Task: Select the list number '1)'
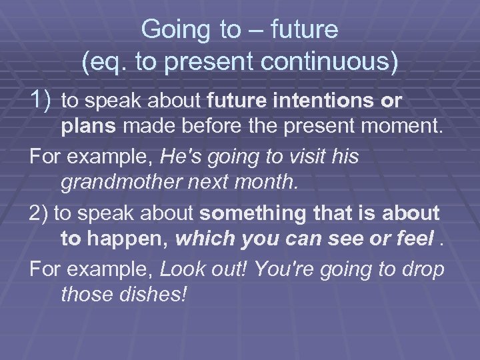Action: coord(41,100)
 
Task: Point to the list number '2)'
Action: coord(39,213)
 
